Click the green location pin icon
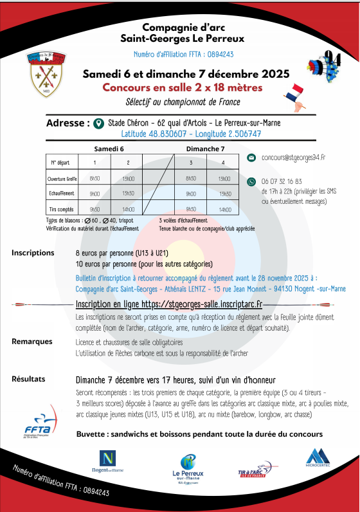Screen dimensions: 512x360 (x=98, y=123)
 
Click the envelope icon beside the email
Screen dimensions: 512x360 (x=251, y=157)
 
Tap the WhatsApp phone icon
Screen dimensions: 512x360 (x=251, y=182)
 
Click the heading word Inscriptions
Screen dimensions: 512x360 (x=33, y=253)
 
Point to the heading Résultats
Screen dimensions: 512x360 (x=29, y=379)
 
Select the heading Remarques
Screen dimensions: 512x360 (x=32, y=342)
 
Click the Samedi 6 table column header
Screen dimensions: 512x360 (x=109, y=148)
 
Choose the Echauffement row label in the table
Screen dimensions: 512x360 (x=61, y=193)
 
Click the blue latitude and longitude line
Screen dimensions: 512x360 (x=191, y=134)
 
